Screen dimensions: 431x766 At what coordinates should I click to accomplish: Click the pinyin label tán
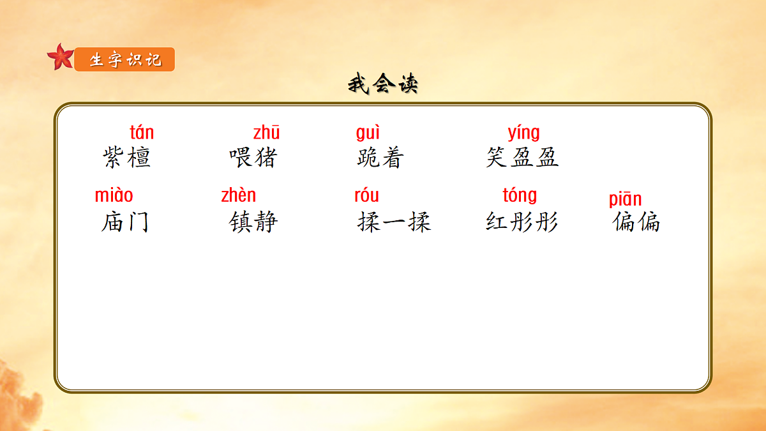pyautogui.click(x=142, y=133)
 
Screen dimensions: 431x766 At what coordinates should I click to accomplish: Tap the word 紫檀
pyautogui.click(x=126, y=157)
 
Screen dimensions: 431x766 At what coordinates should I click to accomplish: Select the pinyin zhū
pyautogui.click(x=266, y=133)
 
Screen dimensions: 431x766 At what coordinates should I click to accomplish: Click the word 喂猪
pyautogui.click(x=253, y=157)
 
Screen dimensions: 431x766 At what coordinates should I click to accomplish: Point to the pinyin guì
pyautogui.click(x=368, y=133)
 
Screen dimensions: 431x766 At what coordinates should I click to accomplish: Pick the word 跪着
pyautogui.click(x=380, y=157)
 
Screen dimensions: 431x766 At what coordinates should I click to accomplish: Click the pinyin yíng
pyautogui.click(x=523, y=133)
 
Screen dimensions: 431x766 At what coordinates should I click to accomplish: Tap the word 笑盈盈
pyautogui.click(x=522, y=157)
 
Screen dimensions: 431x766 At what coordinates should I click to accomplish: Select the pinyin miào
pyautogui.click(x=114, y=195)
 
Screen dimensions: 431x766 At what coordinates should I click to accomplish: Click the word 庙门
pyautogui.click(x=125, y=222)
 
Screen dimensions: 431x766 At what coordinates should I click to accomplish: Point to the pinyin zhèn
pyautogui.click(x=238, y=195)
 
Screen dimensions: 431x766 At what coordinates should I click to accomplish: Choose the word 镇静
pyautogui.click(x=253, y=222)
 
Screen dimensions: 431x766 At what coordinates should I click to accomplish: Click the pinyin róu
pyautogui.click(x=366, y=195)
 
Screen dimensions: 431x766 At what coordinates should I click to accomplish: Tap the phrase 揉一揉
pyautogui.click(x=394, y=222)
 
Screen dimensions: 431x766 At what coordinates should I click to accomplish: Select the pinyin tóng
pyautogui.click(x=520, y=195)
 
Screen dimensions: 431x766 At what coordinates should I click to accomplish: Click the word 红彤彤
pyautogui.click(x=522, y=222)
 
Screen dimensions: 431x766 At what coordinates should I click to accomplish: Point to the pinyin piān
pyautogui.click(x=625, y=199)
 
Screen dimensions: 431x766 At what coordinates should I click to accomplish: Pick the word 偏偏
pyautogui.click(x=636, y=222)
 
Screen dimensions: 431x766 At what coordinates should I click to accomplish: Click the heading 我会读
pyautogui.click(x=382, y=84)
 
